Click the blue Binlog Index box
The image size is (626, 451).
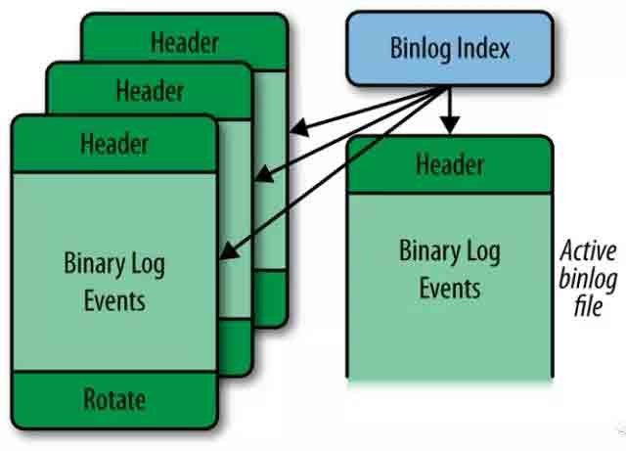coord(449,48)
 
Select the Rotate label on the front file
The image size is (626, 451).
coord(114,399)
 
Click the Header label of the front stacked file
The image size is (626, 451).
coord(114,144)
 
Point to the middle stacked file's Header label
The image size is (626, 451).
coord(150,92)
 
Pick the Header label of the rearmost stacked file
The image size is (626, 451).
coord(185,42)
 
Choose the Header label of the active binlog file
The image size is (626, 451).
coord(450,163)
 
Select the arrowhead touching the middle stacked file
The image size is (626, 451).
coord(260,177)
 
